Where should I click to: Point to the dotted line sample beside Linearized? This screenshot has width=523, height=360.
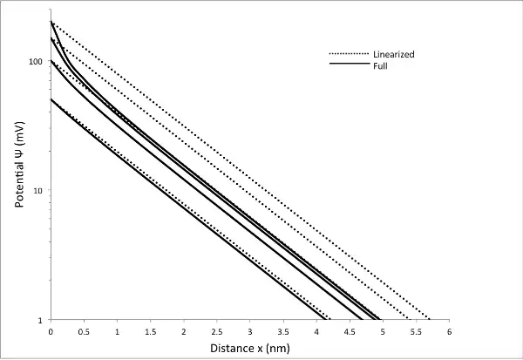click(347, 55)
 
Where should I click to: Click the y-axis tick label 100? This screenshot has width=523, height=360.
click(36, 62)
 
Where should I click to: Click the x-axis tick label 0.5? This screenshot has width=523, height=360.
click(84, 332)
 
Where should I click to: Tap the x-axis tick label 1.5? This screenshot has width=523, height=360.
click(150, 332)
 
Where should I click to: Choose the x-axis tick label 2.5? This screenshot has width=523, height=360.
click(216, 332)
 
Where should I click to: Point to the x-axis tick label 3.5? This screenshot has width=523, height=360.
click(283, 332)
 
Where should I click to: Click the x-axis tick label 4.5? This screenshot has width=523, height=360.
click(350, 332)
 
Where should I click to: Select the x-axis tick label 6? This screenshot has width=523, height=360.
click(449, 332)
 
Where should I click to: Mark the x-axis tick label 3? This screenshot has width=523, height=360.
click(250, 332)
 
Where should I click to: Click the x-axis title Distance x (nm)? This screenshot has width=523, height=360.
click(250, 349)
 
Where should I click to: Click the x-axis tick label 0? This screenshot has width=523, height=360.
click(51, 332)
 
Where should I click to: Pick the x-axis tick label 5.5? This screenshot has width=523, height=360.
click(416, 332)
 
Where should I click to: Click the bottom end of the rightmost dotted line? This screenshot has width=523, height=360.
click(430, 319)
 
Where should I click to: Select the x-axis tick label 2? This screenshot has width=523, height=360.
click(183, 332)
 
